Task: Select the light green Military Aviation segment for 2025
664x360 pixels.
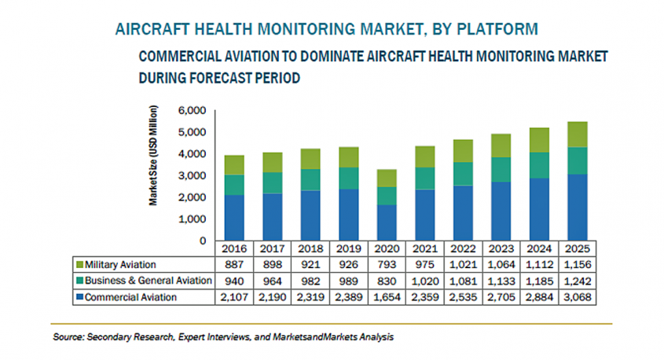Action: coord(578,134)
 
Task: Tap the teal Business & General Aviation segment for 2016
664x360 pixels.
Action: coord(234,185)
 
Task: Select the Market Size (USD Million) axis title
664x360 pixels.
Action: coord(153,154)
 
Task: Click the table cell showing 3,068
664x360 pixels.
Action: coord(578,296)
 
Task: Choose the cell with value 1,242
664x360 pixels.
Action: coord(578,281)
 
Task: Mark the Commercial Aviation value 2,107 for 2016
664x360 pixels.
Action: coord(234,296)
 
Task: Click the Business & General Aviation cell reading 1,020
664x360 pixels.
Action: coord(424,281)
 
